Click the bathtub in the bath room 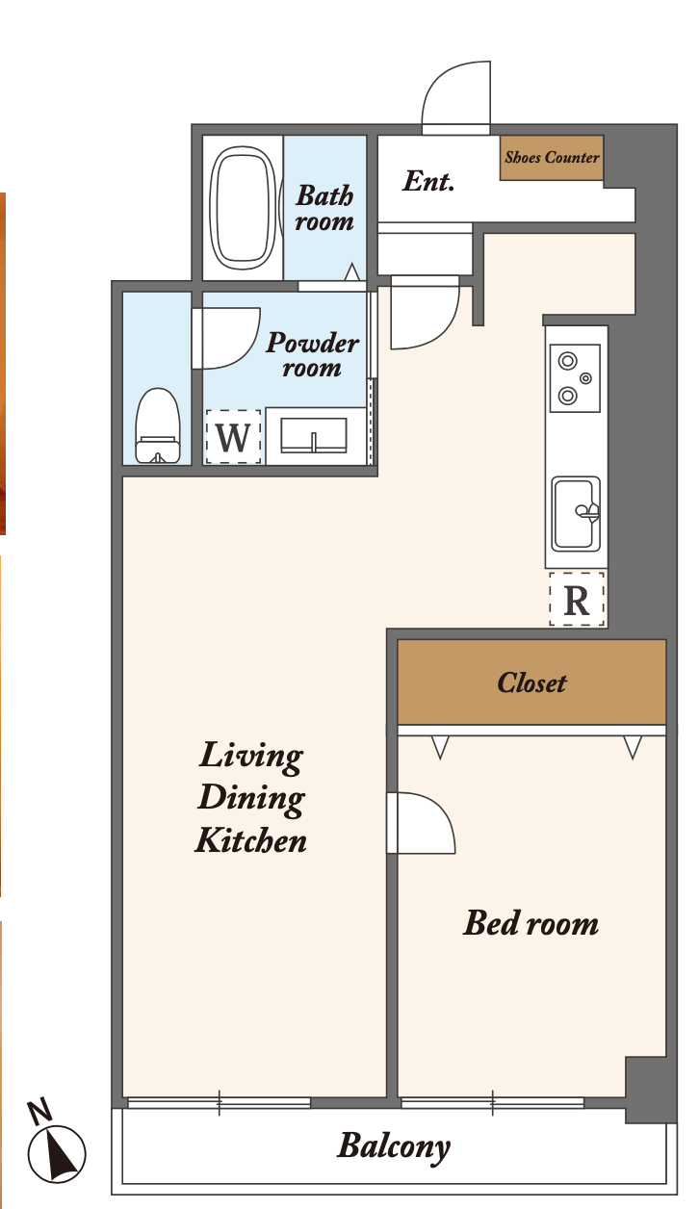[241, 207]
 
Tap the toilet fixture [158, 425]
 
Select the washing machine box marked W [233, 437]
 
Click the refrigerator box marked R [577, 599]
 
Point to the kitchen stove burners [575, 377]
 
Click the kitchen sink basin [576, 513]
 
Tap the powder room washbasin [314, 435]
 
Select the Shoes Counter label [552, 157]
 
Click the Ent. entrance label [428, 181]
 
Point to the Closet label [531, 682]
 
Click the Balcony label [394, 1145]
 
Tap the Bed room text [531, 923]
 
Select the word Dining [251, 799]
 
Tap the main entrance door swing [456, 98]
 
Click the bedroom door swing [421, 823]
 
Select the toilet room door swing [226, 339]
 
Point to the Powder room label [313, 355]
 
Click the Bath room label [324, 208]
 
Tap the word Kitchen [251, 840]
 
